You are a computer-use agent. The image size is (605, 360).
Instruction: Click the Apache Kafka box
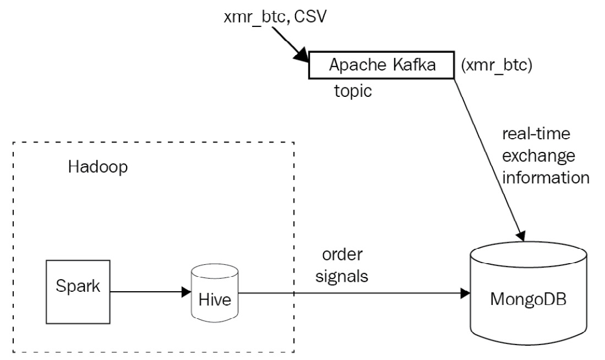click(x=381, y=65)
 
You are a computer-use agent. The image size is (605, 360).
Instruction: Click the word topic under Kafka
click(x=353, y=91)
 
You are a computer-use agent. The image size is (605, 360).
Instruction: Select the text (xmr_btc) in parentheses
click(x=496, y=66)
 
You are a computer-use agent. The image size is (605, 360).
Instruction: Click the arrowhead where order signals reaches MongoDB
click(x=465, y=294)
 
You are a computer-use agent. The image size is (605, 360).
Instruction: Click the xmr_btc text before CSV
click(x=256, y=18)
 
